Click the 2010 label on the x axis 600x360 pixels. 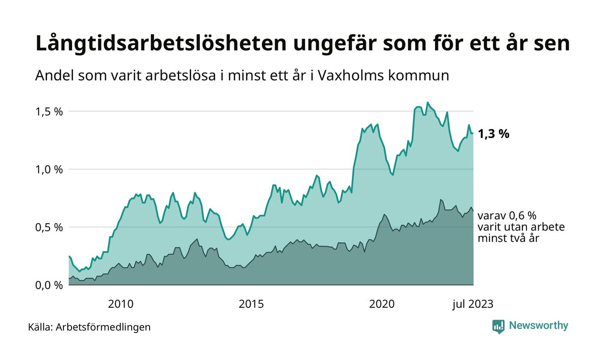point(120,304)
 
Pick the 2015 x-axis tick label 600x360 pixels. point(251,304)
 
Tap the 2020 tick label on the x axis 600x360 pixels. point(382,304)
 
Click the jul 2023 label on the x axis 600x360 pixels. point(473,304)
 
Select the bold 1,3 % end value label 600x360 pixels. point(493,134)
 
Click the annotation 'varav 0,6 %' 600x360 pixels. point(507,216)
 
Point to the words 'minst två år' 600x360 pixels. point(508,238)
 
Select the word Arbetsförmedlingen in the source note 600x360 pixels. point(103,327)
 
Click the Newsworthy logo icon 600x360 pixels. point(498,327)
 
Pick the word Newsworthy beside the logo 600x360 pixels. point(539,326)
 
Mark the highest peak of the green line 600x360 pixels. point(427,102)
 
